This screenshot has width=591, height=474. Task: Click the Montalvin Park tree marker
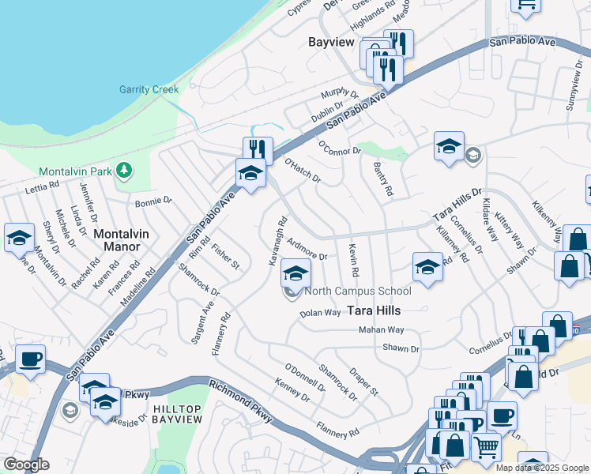(123, 170)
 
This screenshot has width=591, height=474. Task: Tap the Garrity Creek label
(149, 89)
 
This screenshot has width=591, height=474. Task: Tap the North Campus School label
(347, 292)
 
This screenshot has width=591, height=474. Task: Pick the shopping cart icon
(487, 446)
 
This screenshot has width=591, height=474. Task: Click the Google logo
(27, 465)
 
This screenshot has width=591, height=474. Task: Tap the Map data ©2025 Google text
(543, 468)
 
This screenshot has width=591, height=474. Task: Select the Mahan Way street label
(381, 329)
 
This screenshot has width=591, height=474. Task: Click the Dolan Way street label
(320, 314)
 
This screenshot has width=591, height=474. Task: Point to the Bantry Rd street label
(382, 179)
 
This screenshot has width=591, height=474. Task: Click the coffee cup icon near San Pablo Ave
(30, 359)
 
